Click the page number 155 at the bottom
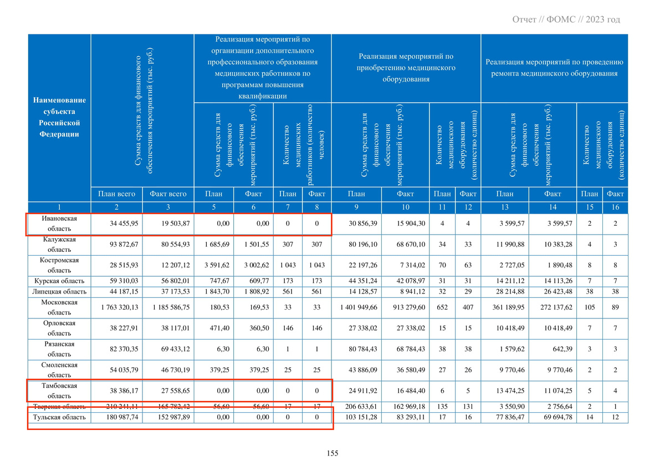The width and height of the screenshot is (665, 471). (x=332, y=453)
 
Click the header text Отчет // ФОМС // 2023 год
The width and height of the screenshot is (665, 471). (x=566, y=20)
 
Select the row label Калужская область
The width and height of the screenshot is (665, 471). (x=59, y=245)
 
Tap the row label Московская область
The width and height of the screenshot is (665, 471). (x=59, y=307)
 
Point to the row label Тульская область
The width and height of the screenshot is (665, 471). (x=59, y=417)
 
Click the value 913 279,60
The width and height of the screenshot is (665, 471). (x=406, y=307)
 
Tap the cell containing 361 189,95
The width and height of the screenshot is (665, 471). (x=505, y=307)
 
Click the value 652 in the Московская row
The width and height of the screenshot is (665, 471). (x=442, y=307)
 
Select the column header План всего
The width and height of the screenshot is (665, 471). (x=116, y=194)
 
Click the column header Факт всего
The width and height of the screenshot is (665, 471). (x=168, y=194)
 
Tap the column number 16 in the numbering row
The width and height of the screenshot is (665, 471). (x=615, y=207)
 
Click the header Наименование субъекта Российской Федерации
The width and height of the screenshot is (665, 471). (x=59, y=117)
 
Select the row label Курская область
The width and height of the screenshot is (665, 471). (x=59, y=281)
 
